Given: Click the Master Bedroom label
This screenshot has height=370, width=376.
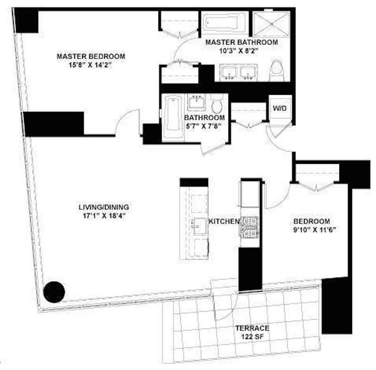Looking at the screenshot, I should coord(91,56).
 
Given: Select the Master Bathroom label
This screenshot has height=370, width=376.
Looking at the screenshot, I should coord(241,42).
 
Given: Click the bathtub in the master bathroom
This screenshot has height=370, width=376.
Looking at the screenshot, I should coord(225,22).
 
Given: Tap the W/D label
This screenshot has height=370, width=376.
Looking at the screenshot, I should coord(279,108).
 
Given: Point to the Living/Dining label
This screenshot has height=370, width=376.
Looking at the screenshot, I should coord(103,207).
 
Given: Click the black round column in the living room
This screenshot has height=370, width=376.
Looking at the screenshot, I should coord(54,291).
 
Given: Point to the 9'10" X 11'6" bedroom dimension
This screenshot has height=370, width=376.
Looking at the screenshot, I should coord(311,230).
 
